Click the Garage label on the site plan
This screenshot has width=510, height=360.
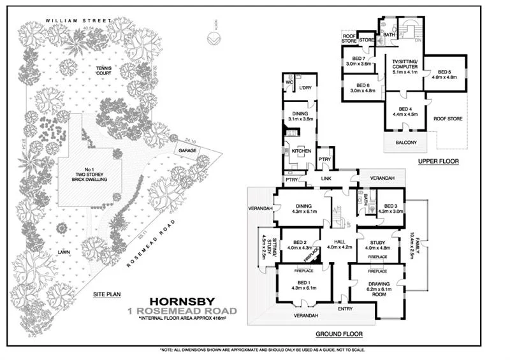tap(187, 151)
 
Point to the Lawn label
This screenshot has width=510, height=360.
tap(64, 252)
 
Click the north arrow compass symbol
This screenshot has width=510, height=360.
tap(215, 38)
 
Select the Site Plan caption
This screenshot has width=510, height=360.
tap(106, 294)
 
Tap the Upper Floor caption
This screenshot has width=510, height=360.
tap(439, 162)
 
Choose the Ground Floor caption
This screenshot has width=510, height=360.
tap(339, 334)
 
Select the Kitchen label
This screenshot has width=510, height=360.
tap(301, 151)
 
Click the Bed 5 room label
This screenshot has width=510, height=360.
tap(445, 75)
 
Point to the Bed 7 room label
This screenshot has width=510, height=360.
tap(358, 61)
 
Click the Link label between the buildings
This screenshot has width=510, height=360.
tap(327, 179)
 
